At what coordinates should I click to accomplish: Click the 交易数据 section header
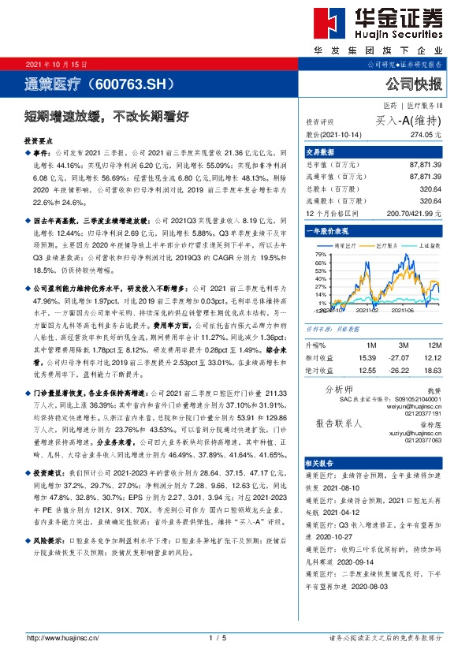[321, 152]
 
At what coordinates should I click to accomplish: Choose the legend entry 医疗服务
[387, 245]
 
